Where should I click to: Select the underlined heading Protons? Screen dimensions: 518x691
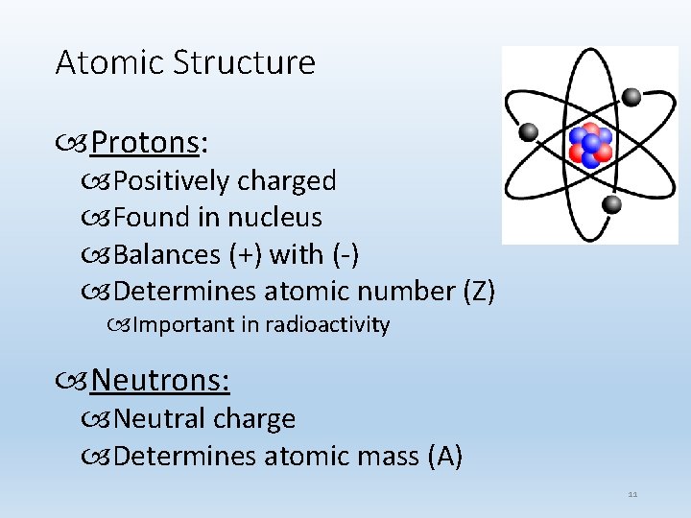coord(144,143)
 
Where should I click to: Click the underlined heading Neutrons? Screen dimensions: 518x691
coord(159,381)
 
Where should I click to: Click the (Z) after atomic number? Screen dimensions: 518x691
coord(478,292)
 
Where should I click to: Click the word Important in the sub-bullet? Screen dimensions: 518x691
coord(183,325)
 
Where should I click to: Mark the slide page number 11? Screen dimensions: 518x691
coord(632,495)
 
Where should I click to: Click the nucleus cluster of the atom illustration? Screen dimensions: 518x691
coord(590,145)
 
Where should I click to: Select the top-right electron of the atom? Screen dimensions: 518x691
coord(631,96)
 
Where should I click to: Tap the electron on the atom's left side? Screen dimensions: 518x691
coord(528,131)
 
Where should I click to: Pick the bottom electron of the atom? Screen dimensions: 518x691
coord(612,203)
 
